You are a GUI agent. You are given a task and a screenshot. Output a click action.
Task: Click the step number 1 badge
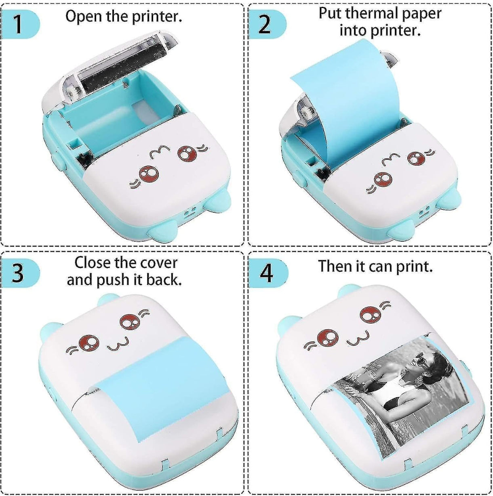(18, 24)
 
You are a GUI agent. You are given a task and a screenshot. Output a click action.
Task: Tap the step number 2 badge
(264, 24)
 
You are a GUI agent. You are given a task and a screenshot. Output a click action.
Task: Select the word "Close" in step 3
(92, 263)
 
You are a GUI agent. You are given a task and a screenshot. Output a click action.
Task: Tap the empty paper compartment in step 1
(121, 121)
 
